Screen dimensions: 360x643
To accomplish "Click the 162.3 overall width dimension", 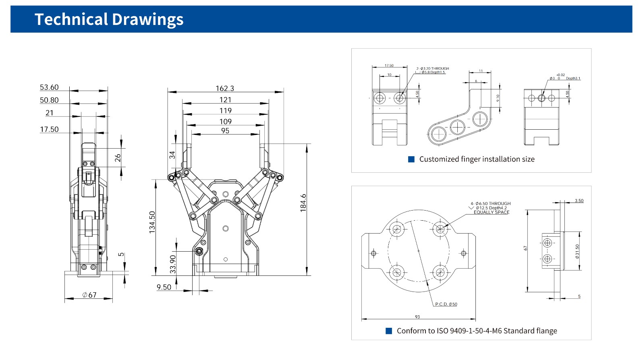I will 225,88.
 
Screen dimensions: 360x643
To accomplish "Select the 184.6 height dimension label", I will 303,203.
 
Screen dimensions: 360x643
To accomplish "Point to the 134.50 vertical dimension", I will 152,222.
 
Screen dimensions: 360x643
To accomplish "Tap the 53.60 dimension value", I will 49,87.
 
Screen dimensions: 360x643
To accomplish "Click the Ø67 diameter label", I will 89,295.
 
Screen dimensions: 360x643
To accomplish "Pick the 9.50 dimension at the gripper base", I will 164,287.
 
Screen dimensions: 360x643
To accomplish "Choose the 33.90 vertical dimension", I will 173,264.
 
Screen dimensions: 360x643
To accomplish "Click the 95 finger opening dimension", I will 225,131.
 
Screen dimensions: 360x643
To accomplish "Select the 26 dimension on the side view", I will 118,158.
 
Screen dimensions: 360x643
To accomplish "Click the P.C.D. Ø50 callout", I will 446,304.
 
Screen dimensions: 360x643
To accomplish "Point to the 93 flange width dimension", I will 417,317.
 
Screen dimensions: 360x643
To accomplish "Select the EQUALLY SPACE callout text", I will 492,212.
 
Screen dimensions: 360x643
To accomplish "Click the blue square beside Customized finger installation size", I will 411,159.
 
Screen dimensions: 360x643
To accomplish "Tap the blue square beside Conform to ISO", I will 389,331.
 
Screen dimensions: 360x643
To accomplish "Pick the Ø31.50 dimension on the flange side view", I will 577,251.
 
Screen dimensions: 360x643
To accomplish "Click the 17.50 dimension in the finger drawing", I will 389,65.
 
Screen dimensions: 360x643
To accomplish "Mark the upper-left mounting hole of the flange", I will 397,230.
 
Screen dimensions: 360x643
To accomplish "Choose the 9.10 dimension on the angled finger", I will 498,97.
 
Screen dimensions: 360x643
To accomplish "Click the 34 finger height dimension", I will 172,155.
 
